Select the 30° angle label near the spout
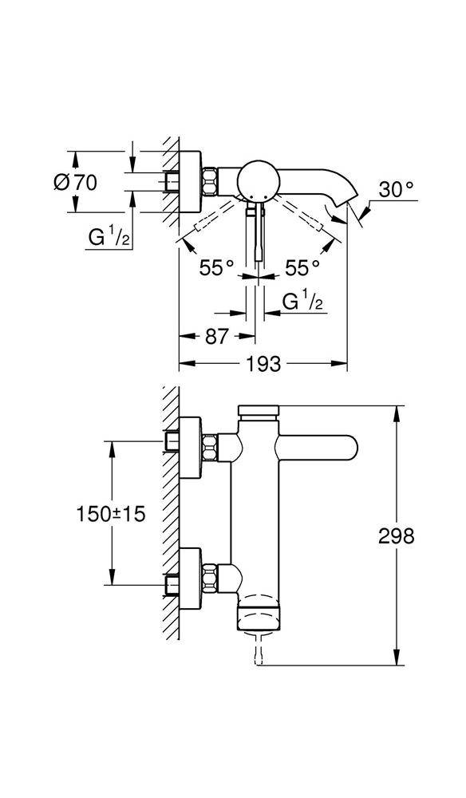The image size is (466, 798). click(x=397, y=190)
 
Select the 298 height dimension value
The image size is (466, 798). click(x=396, y=536)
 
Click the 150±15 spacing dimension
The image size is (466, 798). click(x=111, y=515)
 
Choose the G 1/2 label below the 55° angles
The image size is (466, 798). click(x=304, y=301)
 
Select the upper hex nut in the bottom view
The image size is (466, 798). click(x=211, y=447)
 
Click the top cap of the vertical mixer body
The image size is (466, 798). click(x=257, y=412)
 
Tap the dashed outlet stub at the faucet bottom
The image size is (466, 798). click(x=257, y=646)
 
